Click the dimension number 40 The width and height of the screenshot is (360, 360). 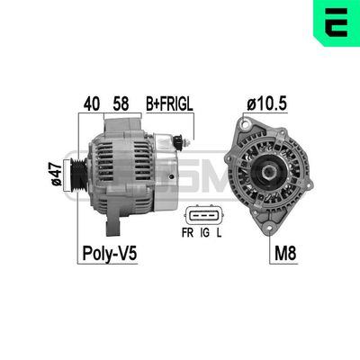tap(91, 104)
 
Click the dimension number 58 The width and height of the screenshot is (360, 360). tap(120, 104)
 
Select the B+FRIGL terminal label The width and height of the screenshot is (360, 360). tap(170, 104)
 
